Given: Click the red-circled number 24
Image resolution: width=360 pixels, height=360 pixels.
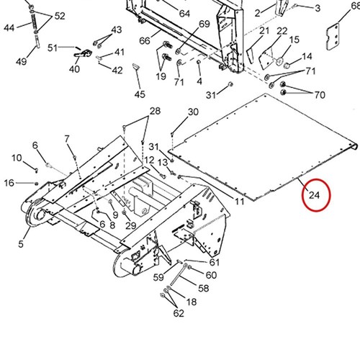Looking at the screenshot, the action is (314, 195).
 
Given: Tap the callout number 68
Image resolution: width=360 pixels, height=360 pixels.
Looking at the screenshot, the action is (356, 6).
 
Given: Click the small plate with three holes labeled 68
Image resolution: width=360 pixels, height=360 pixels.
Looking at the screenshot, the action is (333, 37).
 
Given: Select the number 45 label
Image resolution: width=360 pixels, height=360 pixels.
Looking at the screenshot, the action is (140, 94).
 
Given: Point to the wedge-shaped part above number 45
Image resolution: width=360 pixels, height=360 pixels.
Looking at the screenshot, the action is (136, 66).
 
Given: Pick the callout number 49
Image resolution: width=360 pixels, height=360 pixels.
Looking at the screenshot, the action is (22, 62).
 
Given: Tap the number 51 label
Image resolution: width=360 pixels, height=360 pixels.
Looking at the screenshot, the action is (53, 48).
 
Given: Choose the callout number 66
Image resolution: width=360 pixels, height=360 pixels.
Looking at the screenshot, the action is (145, 41).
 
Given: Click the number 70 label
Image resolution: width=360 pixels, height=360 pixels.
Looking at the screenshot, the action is (320, 95).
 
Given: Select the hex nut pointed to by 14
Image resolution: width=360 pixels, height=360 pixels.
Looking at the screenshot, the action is (286, 66).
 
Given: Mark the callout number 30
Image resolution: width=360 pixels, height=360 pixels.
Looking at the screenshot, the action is (193, 112).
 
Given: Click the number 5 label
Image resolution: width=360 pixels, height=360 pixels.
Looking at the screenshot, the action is (21, 244).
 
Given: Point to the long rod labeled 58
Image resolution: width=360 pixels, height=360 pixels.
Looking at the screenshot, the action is (178, 275).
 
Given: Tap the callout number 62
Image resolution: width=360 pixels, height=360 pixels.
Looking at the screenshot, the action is (179, 313).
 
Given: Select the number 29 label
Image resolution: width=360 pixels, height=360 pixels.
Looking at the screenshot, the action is (131, 225).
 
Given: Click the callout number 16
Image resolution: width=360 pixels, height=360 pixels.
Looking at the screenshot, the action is (9, 183).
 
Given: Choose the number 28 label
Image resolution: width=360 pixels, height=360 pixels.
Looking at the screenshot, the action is (155, 111).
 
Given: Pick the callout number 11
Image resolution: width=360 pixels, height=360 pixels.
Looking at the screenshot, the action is (239, 202).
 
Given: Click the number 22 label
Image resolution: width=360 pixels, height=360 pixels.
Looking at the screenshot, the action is (282, 31).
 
